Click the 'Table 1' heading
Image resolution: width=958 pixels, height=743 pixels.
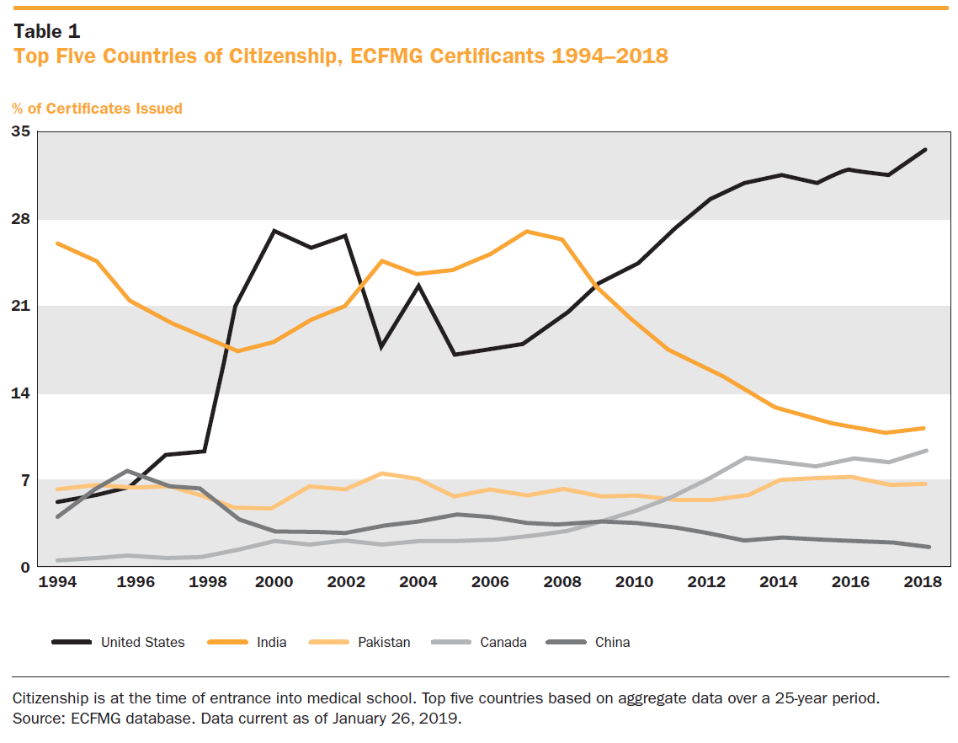click(46, 31)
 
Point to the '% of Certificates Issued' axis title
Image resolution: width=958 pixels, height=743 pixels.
click(97, 109)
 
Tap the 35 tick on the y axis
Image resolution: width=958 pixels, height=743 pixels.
click(20, 131)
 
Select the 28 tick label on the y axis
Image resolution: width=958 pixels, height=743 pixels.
click(20, 219)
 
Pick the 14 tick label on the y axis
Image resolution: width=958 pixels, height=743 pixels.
click(20, 393)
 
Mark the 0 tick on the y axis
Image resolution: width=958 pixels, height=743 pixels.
click(25, 568)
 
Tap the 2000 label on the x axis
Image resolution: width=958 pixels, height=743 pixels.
click(274, 584)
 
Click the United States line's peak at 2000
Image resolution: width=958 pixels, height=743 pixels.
click(274, 230)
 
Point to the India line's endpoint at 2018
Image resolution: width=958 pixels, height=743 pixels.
click(924, 428)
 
